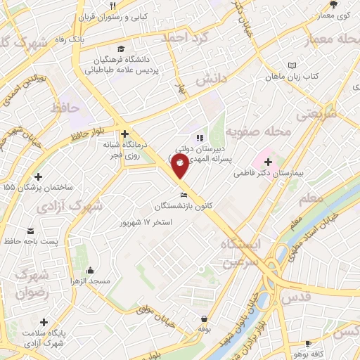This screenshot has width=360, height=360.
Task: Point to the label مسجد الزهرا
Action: pos(91,281)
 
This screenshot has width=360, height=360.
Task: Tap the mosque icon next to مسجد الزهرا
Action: pos(91,270)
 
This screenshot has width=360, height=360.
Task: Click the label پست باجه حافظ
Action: pos(39,242)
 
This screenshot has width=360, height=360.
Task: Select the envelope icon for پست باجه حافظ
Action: pos(31,231)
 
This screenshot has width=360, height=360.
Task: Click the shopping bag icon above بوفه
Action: pos(204,319)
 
